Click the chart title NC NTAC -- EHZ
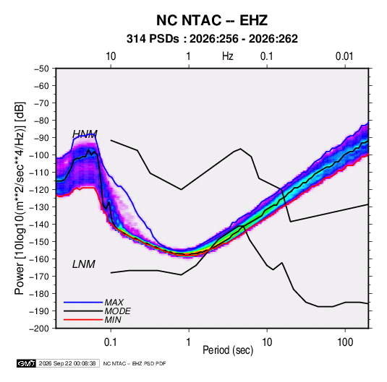point(212,20)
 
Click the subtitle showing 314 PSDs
point(212,39)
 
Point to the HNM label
point(85,134)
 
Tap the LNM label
point(84,264)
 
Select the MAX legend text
point(114,302)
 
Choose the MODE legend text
point(117,311)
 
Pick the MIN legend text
point(113,320)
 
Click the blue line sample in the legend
point(83,302)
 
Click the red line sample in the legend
point(83,320)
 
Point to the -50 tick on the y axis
point(41,69)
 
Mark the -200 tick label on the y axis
point(40,329)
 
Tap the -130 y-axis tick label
point(40,207)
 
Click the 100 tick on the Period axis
point(345,342)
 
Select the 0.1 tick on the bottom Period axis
point(111,342)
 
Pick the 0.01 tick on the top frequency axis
point(344,56)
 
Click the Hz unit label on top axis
point(228,56)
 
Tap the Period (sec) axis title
point(228,350)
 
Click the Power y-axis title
point(20,198)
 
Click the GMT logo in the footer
point(27,363)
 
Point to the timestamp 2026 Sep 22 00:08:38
point(67,363)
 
